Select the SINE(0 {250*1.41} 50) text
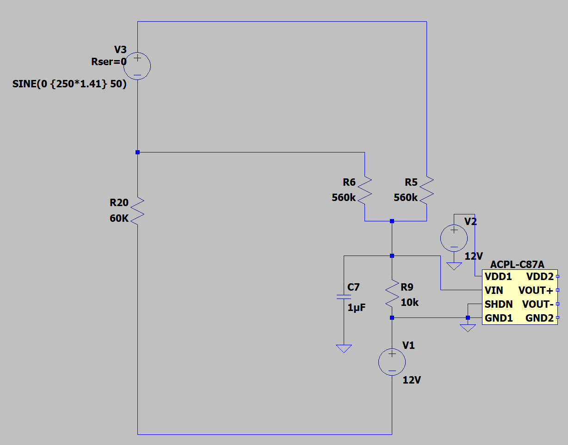click(69, 84)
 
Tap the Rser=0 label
click(109, 61)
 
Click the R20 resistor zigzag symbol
click(137, 211)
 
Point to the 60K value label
click(119, 218)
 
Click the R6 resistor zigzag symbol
click(364, 190)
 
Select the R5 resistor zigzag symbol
click(426, 190)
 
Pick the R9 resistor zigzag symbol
click(392, 293)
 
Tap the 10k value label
click(410, 302)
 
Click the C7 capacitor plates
click(344, 297)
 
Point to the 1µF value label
click(357, 307)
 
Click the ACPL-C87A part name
click(517, 264)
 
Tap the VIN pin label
click(494, 290)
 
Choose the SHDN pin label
click(499, 304)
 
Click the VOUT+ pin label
click(536, 290)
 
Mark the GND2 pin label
click(539, 318)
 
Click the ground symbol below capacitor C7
click(344, 348)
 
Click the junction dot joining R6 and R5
click(392, 221)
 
